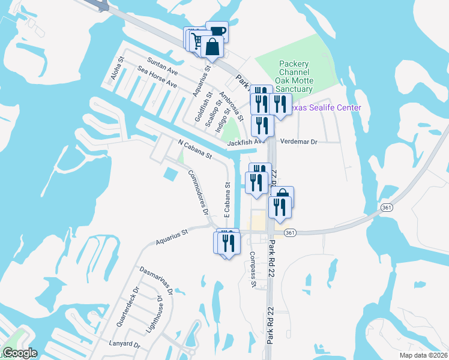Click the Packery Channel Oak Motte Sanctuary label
point(294,76)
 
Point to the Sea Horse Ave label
point(157,77)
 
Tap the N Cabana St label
point(196,150)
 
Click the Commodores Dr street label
point(197,192)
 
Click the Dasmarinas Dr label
point(156,280)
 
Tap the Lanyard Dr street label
point(125,346)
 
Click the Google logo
point(20,353)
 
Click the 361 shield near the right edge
point(386,206)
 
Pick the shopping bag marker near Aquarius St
point(212,46)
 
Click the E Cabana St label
point(228,199)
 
